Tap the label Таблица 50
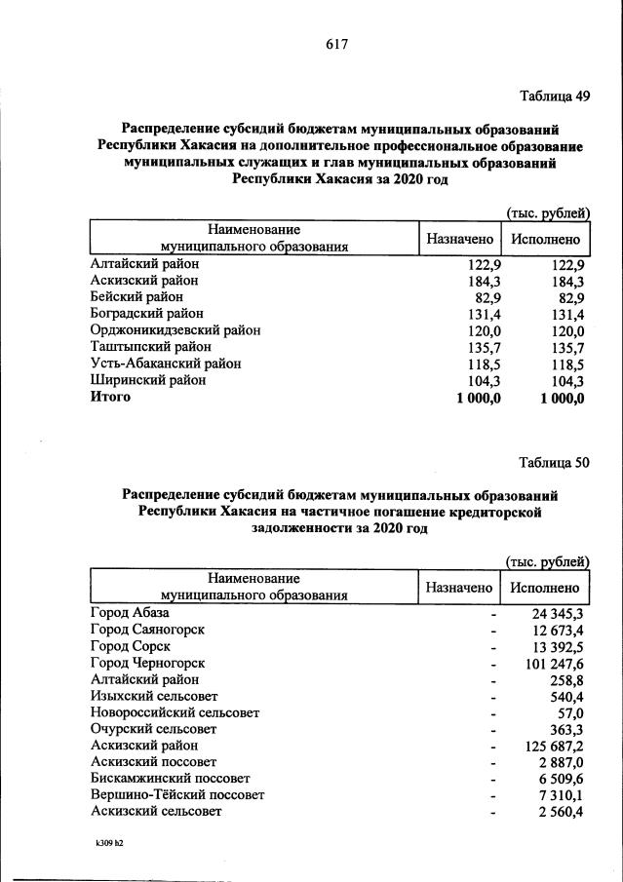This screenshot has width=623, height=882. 555,463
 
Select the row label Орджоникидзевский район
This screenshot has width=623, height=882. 175,329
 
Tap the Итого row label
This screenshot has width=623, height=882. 110,398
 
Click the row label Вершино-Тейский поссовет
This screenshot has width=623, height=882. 176,794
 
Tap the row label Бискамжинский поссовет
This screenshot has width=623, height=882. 170,778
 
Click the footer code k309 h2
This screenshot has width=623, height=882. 102,844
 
